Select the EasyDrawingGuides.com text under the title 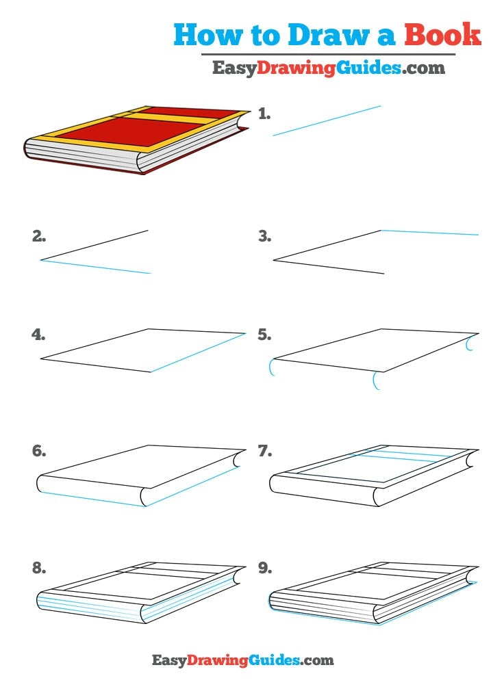pyautogui.click(x=328, y=68)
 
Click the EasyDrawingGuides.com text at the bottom pyautogui.click(x=242, y=660)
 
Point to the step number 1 pyautogui.click(x=264, y=114)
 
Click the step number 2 pyautogui.click(x=39, y=237)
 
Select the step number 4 pyautogui.click(x=39, y=335)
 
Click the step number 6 pyautogui.click(x=39, y=452)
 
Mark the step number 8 pyautogui.click(x=39, y=568)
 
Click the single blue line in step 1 pyautogui.click(x=327, y=120)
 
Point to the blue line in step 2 pyautogui.click(x=96, y=267)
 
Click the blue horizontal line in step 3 pyautogui.click(x=429, y=233)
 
